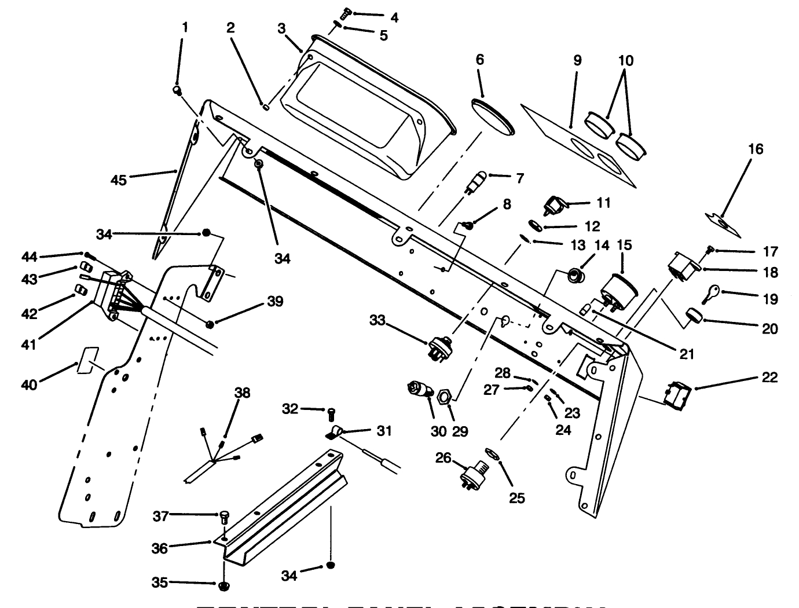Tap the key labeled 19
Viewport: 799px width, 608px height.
click(x=710, y=294)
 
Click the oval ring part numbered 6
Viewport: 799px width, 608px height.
click(x=492, y=116)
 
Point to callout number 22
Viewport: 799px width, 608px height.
click(x=769, y=378)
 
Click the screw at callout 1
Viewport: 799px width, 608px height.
click(x=178, y=90)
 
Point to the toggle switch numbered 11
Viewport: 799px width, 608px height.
click(x=554, y=205)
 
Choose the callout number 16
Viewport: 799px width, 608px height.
click(x=755, y=149)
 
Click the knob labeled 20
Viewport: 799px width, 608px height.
click(x=693, y=316)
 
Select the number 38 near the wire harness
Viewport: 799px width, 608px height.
click(x=243, y=393)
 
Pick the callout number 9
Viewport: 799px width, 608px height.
click(x=577, y=60)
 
